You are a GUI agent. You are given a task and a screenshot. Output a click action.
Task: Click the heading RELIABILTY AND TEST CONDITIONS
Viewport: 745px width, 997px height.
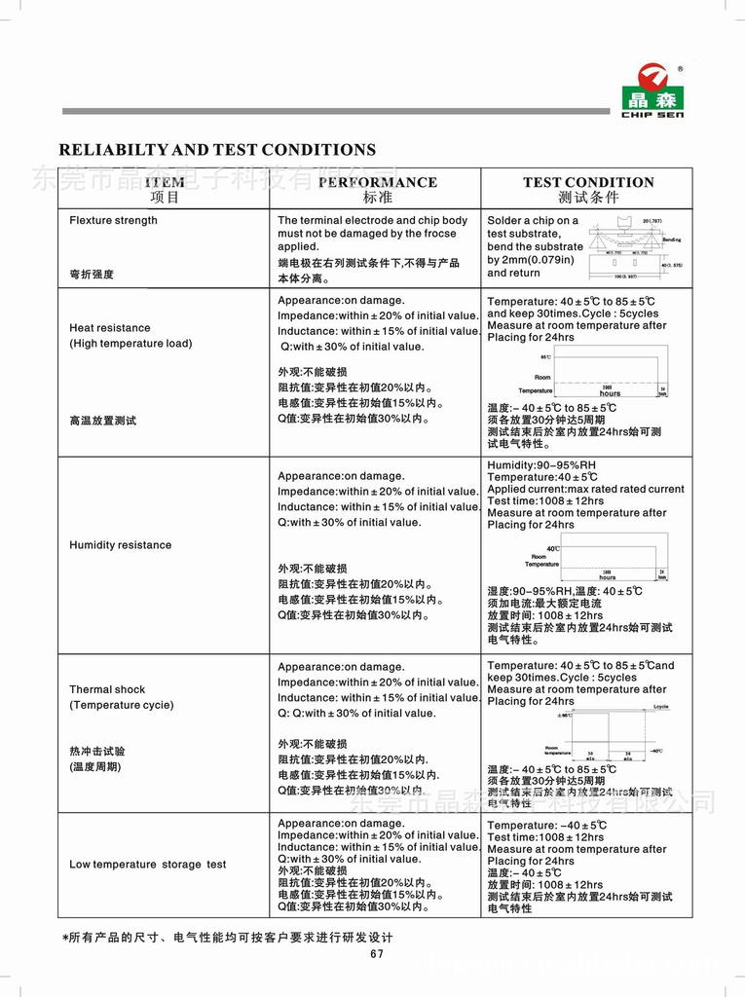click(x=217, y=150)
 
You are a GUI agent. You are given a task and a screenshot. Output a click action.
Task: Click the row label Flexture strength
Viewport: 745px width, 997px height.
click(x=113, y=220)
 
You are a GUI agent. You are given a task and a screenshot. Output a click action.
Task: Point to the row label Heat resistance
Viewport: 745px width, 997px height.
click(x=110, y=328)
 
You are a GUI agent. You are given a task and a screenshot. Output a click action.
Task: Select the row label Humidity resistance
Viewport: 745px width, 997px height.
click(x=120, y=545)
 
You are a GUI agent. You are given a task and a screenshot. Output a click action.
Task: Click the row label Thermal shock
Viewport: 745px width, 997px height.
click(x=107, y=689)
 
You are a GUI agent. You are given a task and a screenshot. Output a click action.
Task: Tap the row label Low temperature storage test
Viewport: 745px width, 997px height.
click(x=147, y=865)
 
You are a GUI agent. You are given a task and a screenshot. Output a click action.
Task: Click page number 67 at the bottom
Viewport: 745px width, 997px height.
click(x=377, y=953)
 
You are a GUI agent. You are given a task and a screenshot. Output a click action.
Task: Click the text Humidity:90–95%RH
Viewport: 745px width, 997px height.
click(x=541, y=465)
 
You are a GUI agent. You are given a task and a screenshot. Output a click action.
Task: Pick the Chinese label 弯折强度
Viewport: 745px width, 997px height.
click(x=92, y=275)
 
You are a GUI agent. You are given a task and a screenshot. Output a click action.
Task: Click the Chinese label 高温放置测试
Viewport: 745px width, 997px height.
click(x=103, y=421)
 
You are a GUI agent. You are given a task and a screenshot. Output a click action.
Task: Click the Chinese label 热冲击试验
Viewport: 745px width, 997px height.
click(x=97, y=752)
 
